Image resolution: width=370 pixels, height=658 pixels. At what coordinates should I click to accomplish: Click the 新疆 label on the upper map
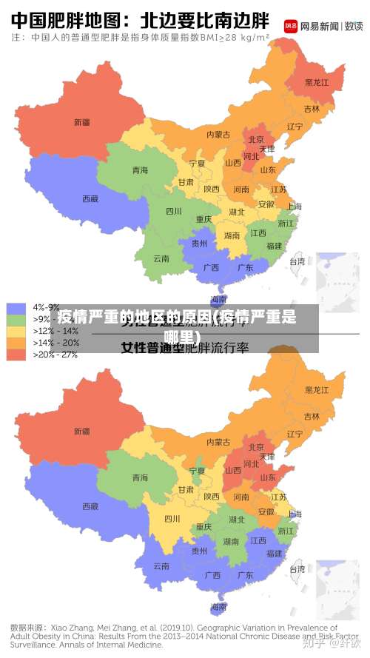point(81,121)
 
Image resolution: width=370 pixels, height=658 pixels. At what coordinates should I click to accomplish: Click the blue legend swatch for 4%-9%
point(16,307)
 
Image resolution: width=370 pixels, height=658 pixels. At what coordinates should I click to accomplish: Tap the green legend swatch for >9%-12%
point(16,319)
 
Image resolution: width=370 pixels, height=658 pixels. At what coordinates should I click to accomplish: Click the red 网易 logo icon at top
point(291,25)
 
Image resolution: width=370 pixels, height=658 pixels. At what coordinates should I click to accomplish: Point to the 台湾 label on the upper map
point(297,261)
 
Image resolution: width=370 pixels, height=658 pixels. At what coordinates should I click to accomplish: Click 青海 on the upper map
point(140,170)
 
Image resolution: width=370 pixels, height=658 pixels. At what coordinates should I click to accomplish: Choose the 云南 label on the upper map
point(161,258)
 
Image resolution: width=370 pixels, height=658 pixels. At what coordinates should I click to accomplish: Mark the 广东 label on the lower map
point(245,575)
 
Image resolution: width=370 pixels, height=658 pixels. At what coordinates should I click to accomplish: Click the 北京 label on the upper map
point(256,139)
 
